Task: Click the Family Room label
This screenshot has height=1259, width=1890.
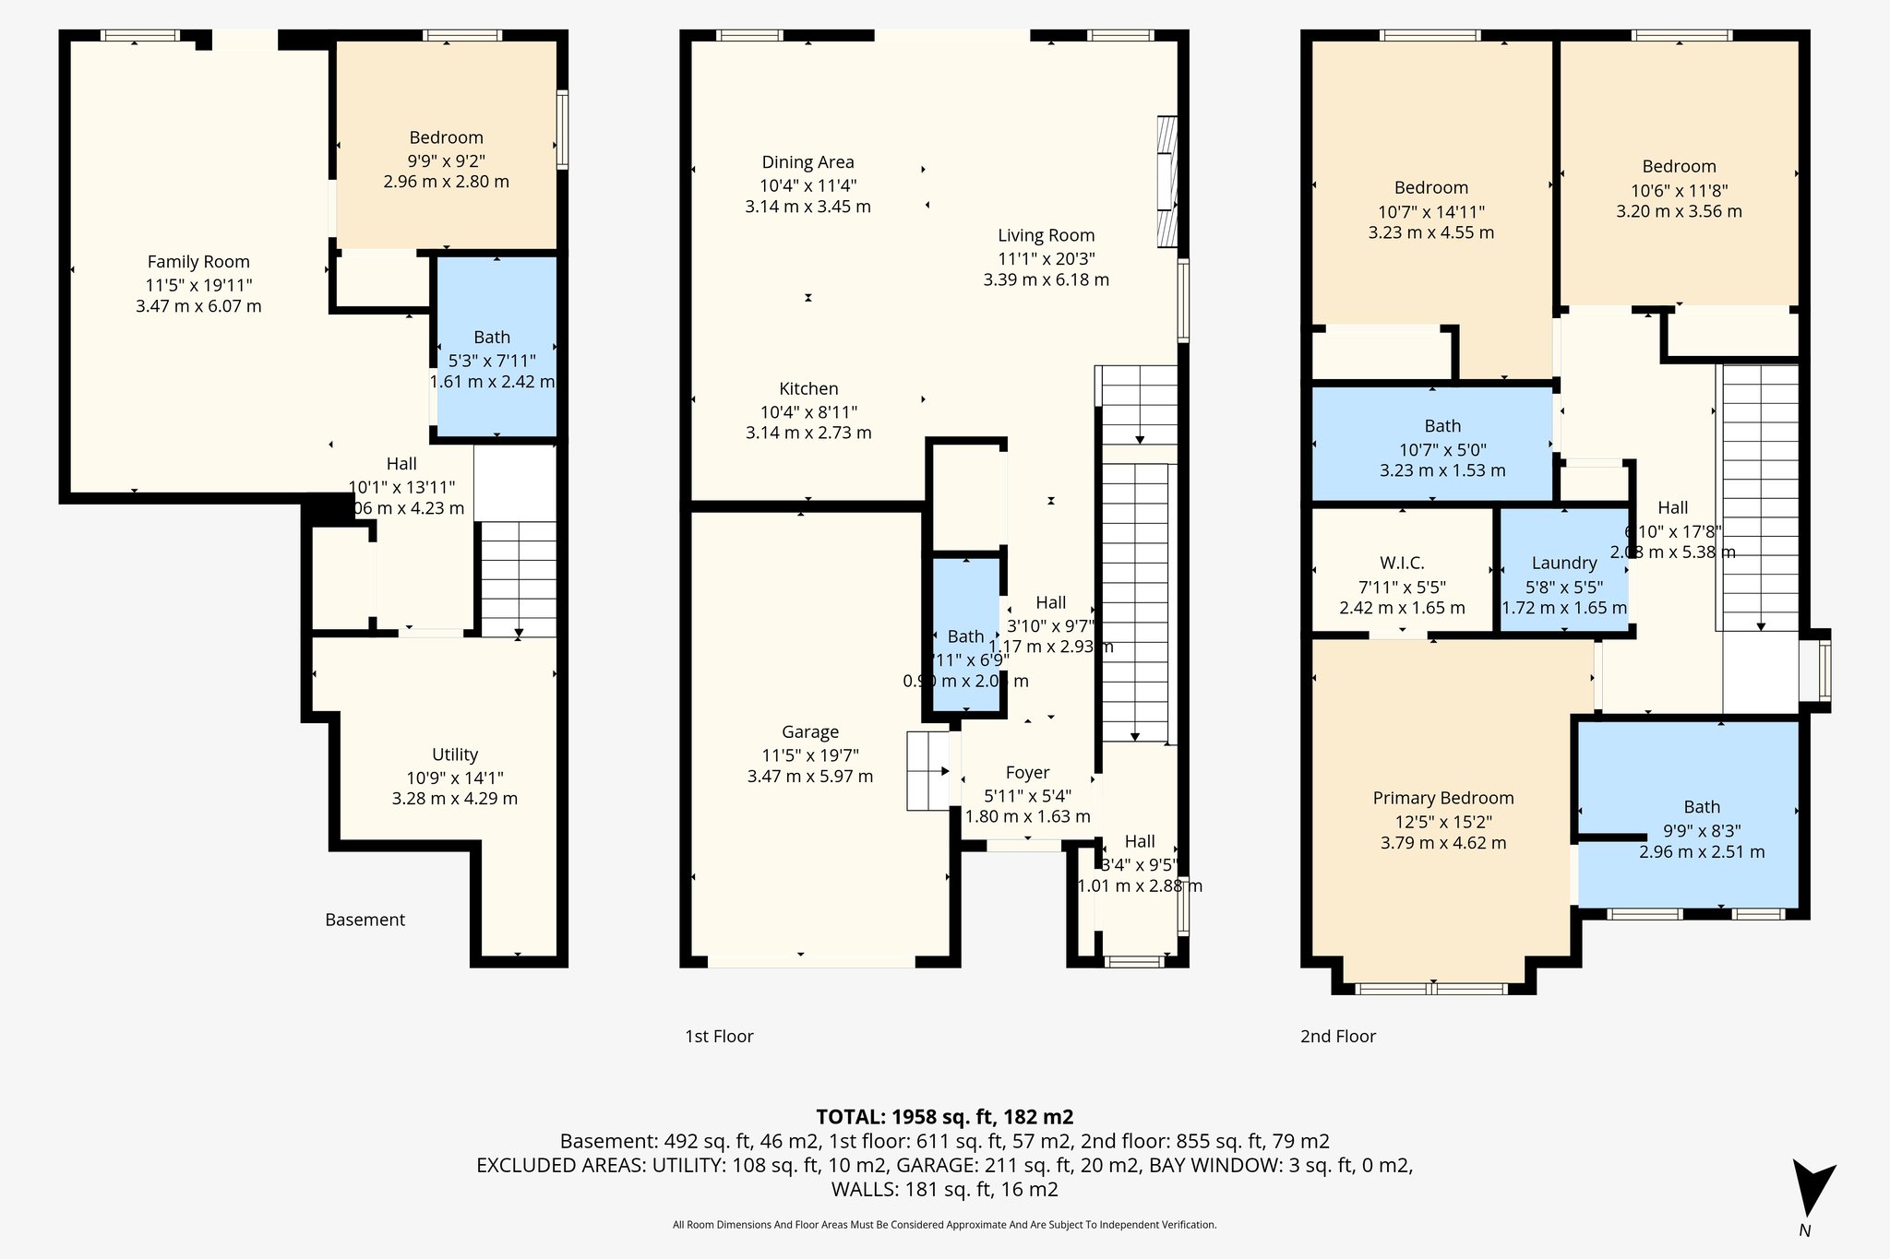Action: point(198,262)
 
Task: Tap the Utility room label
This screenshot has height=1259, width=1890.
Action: point(455,754)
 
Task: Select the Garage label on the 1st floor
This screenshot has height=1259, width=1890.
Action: point(810,732)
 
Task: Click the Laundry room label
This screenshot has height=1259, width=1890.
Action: point(1563,563)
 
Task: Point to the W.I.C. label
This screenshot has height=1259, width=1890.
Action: point(1402,563)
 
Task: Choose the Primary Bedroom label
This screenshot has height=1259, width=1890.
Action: point(1443,799)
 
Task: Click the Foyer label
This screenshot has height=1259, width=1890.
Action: point(1027,773)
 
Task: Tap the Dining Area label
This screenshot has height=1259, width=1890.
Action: point(807,162)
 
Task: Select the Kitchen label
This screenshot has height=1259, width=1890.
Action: point(808,389)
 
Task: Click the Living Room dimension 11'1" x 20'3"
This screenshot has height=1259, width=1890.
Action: point(1046,258)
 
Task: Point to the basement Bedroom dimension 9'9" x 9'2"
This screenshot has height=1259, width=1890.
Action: point(446,160)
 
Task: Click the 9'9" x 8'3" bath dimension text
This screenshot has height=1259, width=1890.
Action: point(1701,830)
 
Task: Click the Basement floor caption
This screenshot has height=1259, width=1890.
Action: point(365,920)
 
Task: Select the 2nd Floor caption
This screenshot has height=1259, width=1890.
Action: point(1337,1037)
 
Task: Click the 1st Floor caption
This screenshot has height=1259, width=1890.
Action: point(719,1037)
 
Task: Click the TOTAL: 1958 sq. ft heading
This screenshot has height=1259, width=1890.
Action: point(944,1117)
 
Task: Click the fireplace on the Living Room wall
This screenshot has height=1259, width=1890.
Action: point(1167,182)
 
